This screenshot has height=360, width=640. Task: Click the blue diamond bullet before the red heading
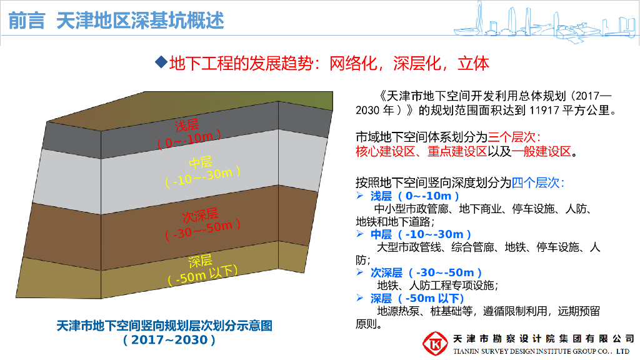pos(161,62)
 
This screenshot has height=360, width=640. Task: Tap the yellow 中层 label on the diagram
pos(201,162)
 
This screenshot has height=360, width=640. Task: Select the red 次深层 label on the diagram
pos(200,216)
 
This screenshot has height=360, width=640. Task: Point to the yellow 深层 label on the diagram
pos(200,261)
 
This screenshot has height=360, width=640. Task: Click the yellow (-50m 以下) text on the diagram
pos(203,276)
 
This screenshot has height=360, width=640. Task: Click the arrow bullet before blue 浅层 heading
pos(359,196)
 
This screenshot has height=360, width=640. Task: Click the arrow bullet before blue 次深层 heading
pos(359,272)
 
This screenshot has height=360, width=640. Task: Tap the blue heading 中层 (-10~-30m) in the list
pos(421,234)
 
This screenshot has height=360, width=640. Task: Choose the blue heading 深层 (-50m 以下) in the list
pos(417,298)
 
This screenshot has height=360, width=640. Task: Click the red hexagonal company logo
pos(435,343)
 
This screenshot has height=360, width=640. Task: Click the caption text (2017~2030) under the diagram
pos(169,340)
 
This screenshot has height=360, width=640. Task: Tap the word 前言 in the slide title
pos(26,21)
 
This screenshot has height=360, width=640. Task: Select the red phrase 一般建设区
pos(541,151)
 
